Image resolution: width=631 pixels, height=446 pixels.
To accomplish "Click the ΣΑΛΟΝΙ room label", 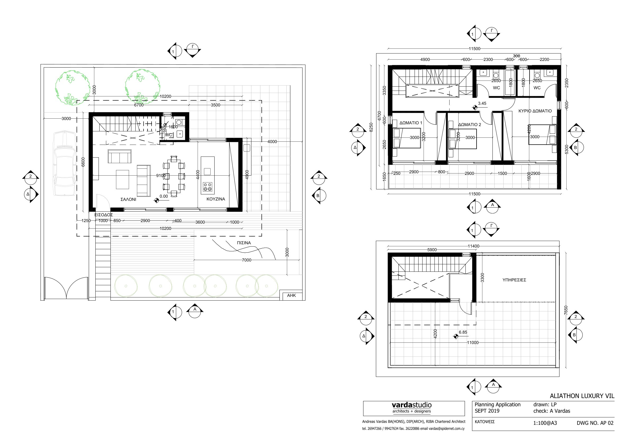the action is pos(128,199).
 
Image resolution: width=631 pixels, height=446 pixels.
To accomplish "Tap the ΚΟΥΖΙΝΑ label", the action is pos(216,199).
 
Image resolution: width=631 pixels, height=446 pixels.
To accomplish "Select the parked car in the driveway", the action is pos(65,163).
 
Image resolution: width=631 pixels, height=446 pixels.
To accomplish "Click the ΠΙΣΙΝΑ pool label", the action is pos(244,243).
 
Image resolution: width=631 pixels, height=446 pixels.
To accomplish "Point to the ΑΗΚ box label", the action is pos(291,295).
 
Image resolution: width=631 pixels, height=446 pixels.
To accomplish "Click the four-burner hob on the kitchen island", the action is pos(207,187).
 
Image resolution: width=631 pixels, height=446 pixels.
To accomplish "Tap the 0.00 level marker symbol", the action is pos(156,200).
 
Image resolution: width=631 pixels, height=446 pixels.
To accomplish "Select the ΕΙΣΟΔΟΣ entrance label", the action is pos(104,215).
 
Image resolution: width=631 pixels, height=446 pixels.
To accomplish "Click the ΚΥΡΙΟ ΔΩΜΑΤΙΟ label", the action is pos(535,111).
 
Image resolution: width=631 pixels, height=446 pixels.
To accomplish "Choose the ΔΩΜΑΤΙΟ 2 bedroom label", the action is pos(470,124).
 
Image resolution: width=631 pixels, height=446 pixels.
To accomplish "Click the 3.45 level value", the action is pos(482,104).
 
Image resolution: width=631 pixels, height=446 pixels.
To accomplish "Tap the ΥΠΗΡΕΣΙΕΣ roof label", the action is pos(514,280).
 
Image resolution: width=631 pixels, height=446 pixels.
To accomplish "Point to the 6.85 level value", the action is pos(463,332).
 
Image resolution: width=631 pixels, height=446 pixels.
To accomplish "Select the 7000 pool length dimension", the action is pos(247,260).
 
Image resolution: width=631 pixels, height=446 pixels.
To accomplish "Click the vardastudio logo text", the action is pos(411,405).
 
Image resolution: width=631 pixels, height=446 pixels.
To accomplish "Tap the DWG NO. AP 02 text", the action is pos(595,423).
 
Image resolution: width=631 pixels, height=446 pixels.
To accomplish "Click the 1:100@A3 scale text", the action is pos(545,423).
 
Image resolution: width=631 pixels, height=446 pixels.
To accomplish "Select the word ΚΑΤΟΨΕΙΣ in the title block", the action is pos(485,422).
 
